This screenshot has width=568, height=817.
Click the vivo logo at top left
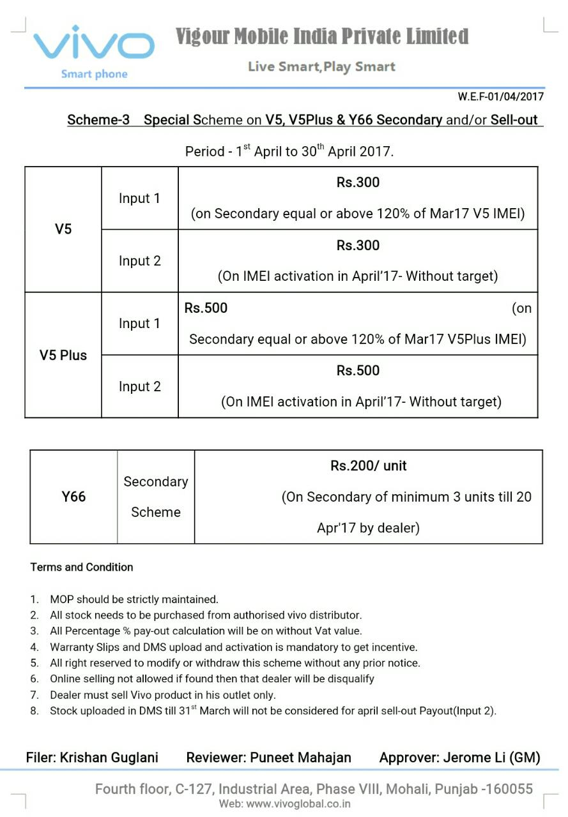(x=94, y=45)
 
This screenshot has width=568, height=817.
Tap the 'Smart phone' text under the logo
(x=94, y=74)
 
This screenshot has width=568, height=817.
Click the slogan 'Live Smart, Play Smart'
(x=321, y=66)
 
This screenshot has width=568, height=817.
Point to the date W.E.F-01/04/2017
(x=500, y=96)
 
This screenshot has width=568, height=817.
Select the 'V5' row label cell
(x=63, y=229)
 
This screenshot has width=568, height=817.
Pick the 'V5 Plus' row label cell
(x=63, y=355)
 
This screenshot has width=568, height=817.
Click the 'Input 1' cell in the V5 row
(x=139, y=199)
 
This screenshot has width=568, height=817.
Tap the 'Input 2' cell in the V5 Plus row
(x=139, y=386)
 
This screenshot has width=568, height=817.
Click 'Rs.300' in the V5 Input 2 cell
(x=358, y=245)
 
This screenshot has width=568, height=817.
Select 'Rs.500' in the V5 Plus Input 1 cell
(x=206, y=308)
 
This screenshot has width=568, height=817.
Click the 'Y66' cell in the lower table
(x=73, y=497)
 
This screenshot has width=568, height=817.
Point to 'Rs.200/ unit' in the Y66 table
(x=368, y=466)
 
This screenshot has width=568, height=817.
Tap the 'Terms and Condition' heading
(x=82, y=567)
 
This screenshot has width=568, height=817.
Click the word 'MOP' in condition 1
(x=62, y=599)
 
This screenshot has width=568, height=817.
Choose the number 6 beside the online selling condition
(x=35, y=678)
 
